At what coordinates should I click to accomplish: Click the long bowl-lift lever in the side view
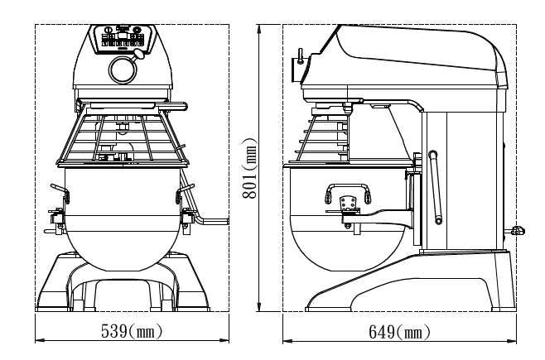tap(434, 186)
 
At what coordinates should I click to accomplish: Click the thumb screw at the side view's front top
tap(298, 56)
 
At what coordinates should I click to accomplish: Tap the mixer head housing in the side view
tap(406, 58)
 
